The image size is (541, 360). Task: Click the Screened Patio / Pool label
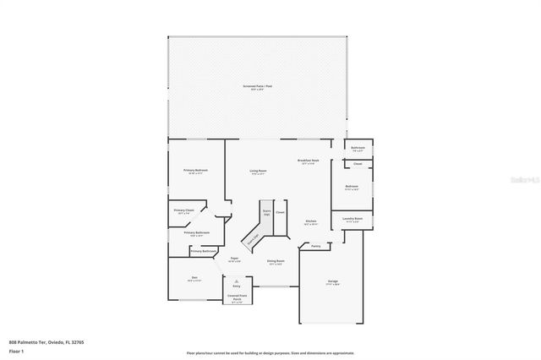(x=258, y=86)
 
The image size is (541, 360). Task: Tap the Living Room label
(x=258, y=172)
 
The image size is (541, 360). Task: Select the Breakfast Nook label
(x=308, y=161)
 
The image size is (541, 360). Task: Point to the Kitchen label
(x=311, y=221)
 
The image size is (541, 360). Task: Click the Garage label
(x=333, y=281)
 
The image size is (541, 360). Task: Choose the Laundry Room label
(x=352, y=218)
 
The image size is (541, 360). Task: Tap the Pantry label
(x=315, y=246)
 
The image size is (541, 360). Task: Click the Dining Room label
(x=276, y=261)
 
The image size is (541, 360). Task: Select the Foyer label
(x=234, y=258)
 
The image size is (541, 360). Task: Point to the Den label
(x=194, y=278)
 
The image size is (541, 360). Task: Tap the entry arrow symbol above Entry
(x=237, y=280)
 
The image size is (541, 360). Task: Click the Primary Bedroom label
(x=195, y=170)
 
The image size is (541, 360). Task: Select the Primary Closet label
(x=184, y=210)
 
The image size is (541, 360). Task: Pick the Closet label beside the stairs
(x=281, y=212)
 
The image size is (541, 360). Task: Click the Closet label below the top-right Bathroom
(x=358, y=163)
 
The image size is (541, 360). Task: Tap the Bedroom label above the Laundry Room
(x=352, y=186)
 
